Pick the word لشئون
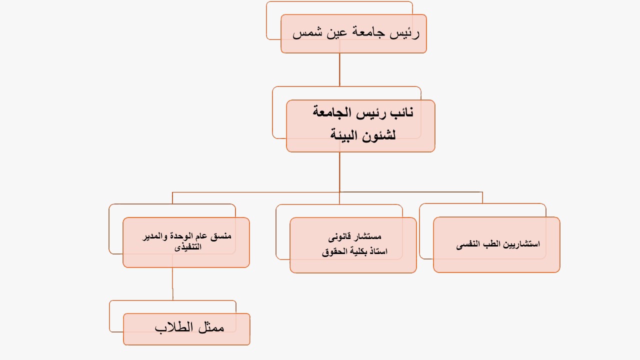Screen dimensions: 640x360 [379, 135]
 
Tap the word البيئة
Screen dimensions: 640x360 [344, 134]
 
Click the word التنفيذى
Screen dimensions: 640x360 [187, 247]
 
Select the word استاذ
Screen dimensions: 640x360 [377, 251]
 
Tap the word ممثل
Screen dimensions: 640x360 [211, 327]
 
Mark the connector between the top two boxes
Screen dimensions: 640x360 [339, 69]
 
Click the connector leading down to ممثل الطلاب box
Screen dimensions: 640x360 [172, 283]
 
